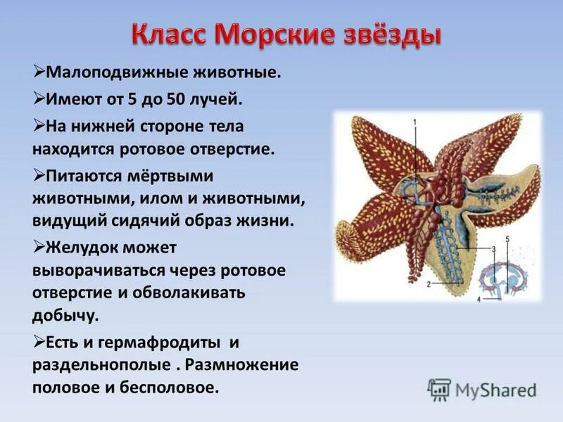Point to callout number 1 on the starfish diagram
tap(415, 122)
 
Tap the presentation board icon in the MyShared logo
tap(439, 389)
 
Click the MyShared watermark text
tap(495, 390)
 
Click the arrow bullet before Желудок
tap(39, 247)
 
